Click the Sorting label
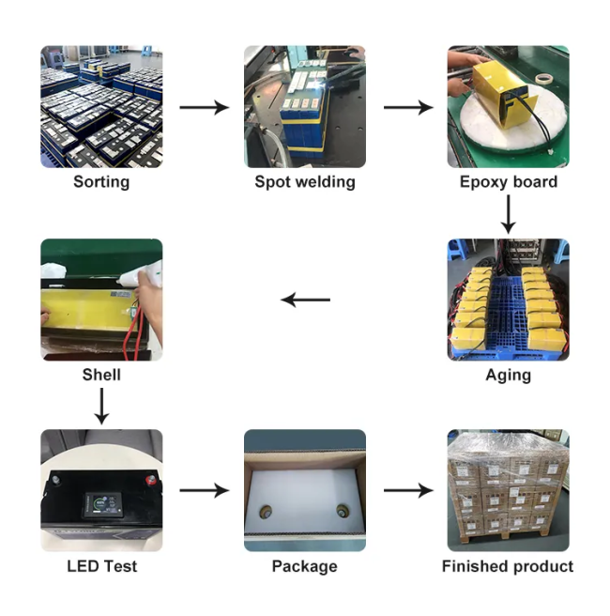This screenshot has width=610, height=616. coord(101,181)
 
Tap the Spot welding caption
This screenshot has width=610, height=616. coord(305,181)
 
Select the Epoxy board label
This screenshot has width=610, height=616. coord(508,181)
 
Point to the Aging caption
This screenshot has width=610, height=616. coord(508,375)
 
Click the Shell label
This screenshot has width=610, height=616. coord(101,375)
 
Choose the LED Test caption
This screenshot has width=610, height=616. coord(101,566)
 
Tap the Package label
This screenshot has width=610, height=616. coord(304,566)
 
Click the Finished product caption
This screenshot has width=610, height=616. coord(508,566)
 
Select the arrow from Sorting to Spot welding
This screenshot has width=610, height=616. coord(204,108)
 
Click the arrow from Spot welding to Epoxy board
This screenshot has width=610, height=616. coord(407,108)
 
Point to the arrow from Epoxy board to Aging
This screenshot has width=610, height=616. coord(508,213)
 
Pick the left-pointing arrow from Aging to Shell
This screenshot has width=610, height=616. coord(306,300)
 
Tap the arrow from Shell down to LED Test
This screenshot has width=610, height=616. coord(101,406)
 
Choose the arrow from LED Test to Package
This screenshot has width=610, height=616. coord(204,490)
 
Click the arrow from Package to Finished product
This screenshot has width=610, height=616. coord(407,490)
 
